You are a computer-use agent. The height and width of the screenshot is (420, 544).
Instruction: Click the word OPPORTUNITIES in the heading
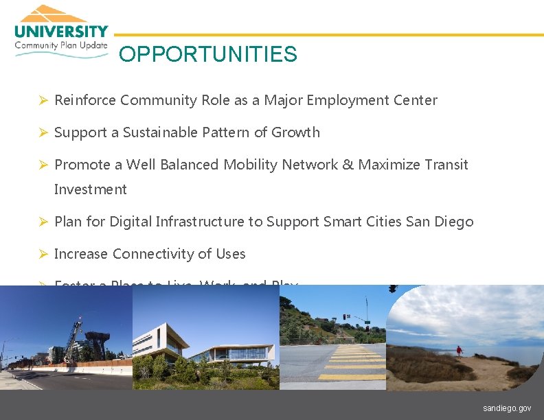[207, 54]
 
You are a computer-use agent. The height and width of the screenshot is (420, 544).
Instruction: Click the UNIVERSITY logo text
[61, 32]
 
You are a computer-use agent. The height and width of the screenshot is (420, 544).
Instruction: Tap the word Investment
[90, 189]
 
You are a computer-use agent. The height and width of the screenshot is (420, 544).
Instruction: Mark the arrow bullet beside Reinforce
[42, 101]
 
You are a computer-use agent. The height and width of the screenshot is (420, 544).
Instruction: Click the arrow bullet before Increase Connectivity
[42, 255]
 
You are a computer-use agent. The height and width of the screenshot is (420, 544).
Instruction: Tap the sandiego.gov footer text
[507, 408]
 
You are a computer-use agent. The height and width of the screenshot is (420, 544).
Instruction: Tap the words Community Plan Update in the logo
[61, 45]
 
